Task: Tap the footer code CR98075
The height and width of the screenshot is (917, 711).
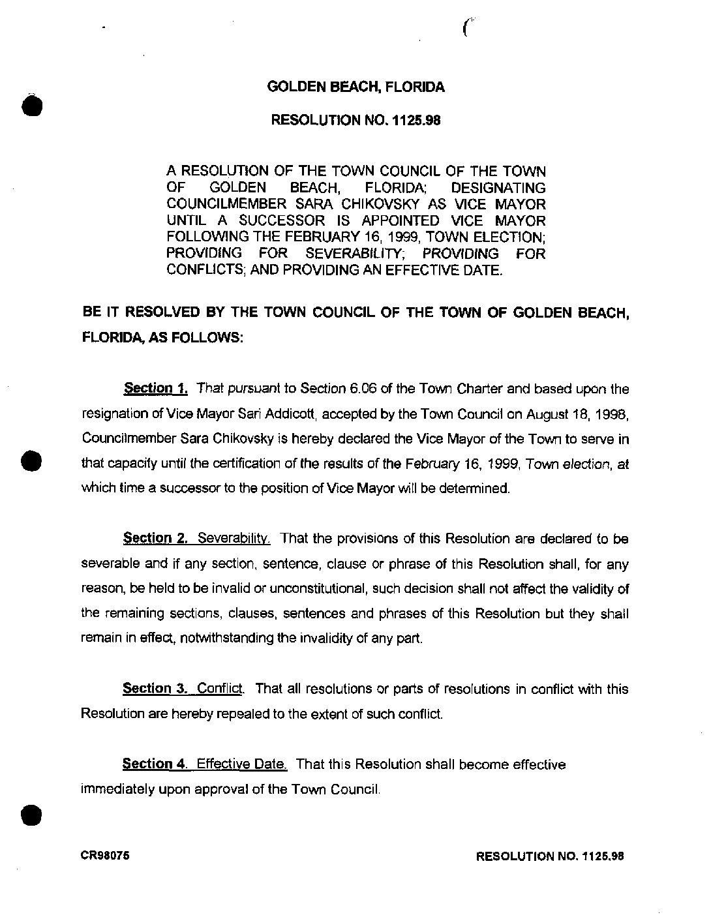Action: [105, 856]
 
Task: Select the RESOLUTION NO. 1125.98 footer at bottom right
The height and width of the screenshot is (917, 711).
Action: [551, 856]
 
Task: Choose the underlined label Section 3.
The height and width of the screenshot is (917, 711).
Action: [156, 689]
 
